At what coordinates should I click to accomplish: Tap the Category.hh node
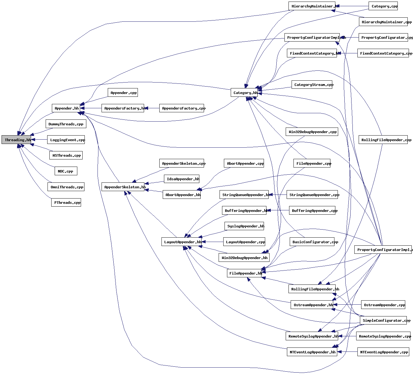coord(244,92)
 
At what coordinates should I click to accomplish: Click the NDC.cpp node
coord(66,171)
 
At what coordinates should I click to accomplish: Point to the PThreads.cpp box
coord(66,203)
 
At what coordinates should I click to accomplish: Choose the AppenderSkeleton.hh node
coord(123,187)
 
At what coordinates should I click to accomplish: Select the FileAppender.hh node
coord(244,273)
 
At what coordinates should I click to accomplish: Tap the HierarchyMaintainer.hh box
coord(312,6)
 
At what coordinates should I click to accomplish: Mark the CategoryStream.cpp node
coord(312,85)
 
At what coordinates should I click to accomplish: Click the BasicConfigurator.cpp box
coord(312,242)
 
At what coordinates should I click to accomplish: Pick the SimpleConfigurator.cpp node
coord(383,320)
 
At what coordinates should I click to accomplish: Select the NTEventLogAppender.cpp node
coord(383,352)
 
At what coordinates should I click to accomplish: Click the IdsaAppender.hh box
coord(182,179)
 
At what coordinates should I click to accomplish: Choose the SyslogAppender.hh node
coord(244,226)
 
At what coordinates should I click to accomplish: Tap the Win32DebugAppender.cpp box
coord(312,132)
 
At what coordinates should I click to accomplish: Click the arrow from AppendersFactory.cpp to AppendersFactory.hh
coord(152,108)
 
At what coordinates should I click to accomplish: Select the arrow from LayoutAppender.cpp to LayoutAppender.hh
coord(212,242)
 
